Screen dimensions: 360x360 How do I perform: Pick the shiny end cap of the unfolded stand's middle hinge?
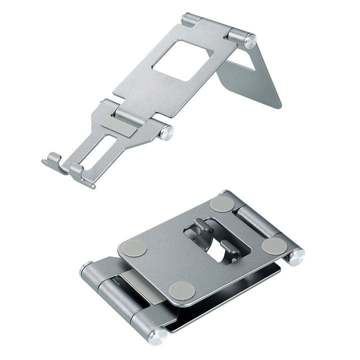[x=167, y=132]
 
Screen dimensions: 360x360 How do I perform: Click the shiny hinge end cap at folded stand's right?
[x=296, y=256]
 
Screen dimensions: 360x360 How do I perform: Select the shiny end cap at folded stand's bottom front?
[x=157, y=335]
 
